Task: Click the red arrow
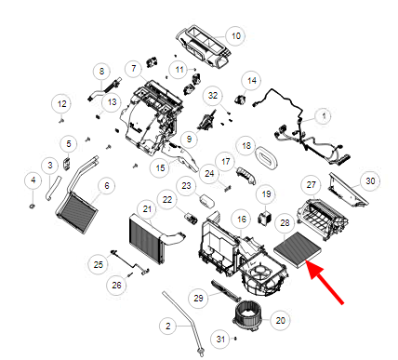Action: point(325,283)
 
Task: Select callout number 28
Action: point(285,222)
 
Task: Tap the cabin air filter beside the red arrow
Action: point(298,249)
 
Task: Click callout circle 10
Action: point(236,36)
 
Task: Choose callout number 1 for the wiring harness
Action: point(324,116)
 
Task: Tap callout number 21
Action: point(147,209)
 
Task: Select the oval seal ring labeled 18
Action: point(267,158)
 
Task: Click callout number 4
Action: point(33,180)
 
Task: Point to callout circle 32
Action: point(213,95)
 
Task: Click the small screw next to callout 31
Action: point(235,339)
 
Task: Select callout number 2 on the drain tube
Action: point(168,326)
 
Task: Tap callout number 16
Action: point(242,220)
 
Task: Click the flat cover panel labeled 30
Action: point(348,190)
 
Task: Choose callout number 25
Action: point(99,264)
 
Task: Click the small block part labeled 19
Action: point(265,217)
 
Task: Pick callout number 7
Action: point(134,68)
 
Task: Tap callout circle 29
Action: point(198,298)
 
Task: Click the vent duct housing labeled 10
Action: point(204,47)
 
